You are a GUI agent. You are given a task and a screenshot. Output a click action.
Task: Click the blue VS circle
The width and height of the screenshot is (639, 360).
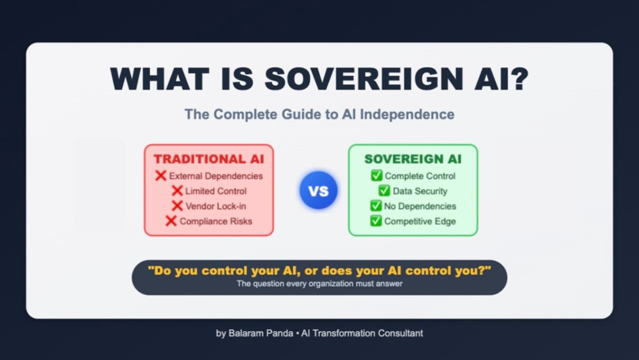click(x=319, y=190)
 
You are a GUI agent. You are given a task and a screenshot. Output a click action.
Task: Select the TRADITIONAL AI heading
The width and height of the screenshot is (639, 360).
click(x=208, y=159)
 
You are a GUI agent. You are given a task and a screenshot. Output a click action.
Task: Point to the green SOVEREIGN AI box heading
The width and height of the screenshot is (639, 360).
click(x=413, y=159)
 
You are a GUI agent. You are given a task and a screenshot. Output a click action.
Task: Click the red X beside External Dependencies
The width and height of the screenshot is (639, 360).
click(x=161, y=176)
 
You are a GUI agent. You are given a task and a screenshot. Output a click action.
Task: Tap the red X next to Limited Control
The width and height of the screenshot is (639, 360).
click(x=177, y=191)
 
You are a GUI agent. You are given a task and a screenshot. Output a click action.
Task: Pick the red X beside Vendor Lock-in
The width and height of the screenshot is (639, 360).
click(x=177, y=206)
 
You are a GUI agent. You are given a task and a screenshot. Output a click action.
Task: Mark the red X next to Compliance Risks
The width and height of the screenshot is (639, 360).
click(x=171, y=221)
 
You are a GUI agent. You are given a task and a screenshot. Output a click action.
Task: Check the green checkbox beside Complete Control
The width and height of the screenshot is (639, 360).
click(x=376, y=176)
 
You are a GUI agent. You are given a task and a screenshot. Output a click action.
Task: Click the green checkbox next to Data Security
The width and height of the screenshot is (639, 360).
click(x=384, y=190)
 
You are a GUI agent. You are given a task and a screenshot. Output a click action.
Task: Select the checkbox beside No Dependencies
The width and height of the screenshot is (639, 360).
click(x=376, y=205)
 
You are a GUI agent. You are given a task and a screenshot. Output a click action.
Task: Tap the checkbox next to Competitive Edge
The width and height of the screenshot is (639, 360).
click(x=376, y=221)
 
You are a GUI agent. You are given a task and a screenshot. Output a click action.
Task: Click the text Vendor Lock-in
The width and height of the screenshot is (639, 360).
click(x=216, y=207)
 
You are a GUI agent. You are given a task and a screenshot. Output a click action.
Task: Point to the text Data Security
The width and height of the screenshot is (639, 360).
click(x=419, y=191)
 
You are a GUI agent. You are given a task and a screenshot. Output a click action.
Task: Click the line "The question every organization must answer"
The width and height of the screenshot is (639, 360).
click(x=320, y=284)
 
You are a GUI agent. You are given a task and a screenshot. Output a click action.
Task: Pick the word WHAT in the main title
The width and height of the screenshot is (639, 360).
click(x=160, y=79)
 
